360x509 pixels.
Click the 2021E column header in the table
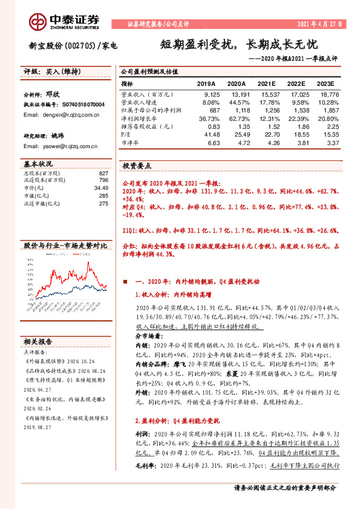click(x=267, y=83)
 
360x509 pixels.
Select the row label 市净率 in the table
click(x=130, y=143)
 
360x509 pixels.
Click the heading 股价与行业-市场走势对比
click(x=64, y=247)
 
